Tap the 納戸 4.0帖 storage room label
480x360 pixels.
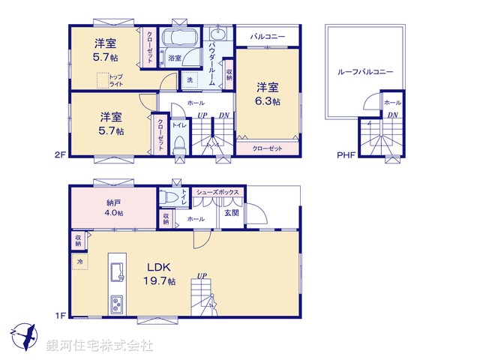click(x=114, y=207)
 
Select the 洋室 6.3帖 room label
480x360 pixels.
click(x=268, y=94)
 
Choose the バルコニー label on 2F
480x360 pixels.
click(x=267, y=35)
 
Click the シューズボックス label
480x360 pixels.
click(x=217, y=193)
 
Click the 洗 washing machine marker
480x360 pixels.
click(x=189, y=79)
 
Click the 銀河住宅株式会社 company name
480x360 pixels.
click(x=100, y=346)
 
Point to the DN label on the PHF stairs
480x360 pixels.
click(x=393, y=115)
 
